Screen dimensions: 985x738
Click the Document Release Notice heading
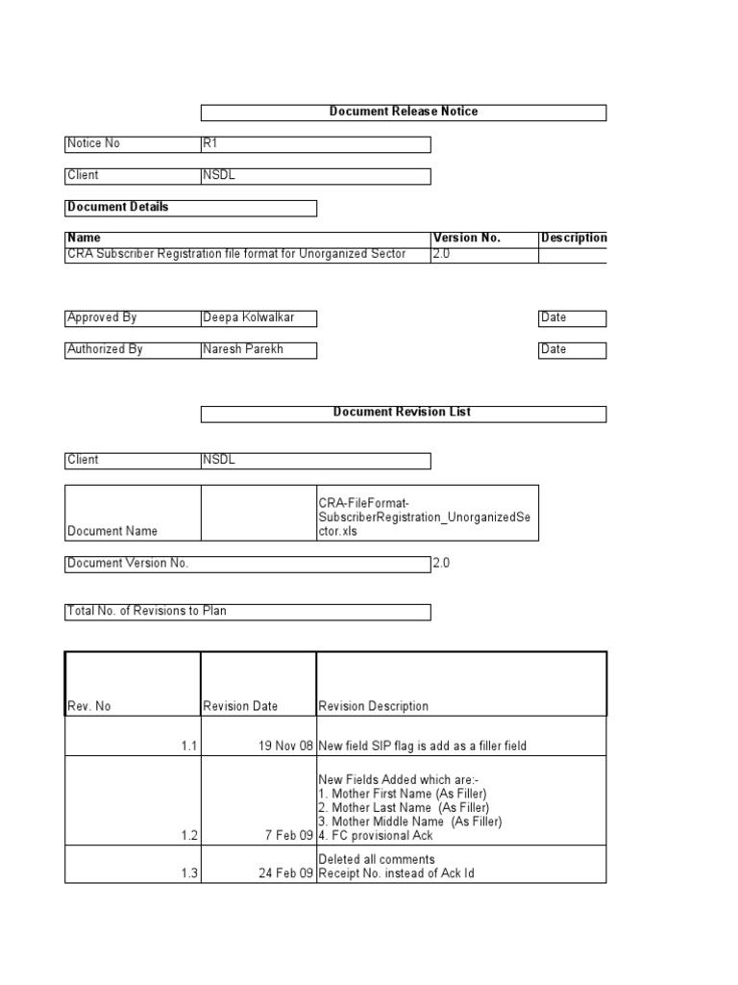click(404, 112)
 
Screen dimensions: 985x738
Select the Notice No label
click(93, 143)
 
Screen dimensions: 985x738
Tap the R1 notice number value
click(210, 143)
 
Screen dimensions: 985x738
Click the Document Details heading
click(117, 207)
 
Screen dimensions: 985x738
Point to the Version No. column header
click(467, 238)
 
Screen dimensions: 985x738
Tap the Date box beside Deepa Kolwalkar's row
click(572, 317)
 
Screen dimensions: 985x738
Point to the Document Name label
click(112, 531)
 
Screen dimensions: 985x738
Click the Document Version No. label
click(128, 564)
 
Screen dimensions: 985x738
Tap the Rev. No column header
click(88, 706)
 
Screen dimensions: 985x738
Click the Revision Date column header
click(240, 706)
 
